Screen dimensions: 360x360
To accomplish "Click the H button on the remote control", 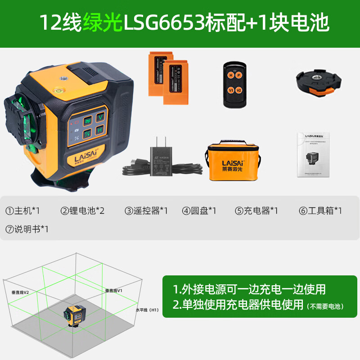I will (x=230, y=75).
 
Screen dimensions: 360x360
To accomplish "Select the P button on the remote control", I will (x=239, y=75).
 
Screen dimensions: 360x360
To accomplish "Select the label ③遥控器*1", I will (x=146, y=210).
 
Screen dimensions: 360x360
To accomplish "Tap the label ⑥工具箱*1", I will (x=320, y=210).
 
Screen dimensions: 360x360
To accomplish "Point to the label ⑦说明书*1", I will (x=27, y=229).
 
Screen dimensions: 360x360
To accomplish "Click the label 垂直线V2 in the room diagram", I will (x=20, y=292).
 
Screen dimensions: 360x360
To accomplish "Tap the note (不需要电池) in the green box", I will (x=326, y=306).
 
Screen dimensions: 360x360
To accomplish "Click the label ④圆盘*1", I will (x=199, y=210).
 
